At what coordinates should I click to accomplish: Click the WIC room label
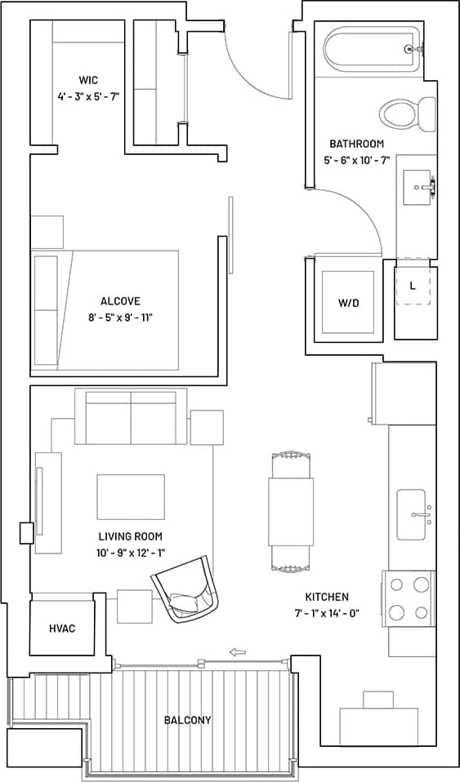tap(88, 80)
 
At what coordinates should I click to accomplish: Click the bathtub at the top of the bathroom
tap(372, 50)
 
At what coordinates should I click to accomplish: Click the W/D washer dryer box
tap(348, 302)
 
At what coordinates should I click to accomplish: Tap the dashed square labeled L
tap(413, 286)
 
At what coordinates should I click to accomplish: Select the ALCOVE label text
tap(120, 301)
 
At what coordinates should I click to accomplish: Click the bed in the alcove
tap(106, 309)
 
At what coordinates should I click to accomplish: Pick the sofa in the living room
tap(131, 416)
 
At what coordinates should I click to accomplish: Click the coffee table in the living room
tap(131, 496)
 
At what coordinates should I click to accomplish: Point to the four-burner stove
tap(409, 598)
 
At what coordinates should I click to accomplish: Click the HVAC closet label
tap(62, 629)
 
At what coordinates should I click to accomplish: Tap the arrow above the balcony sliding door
tap(238, 651)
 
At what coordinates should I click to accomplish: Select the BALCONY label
tap(187, 720)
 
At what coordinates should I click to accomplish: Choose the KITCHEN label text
tap(327, 597)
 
